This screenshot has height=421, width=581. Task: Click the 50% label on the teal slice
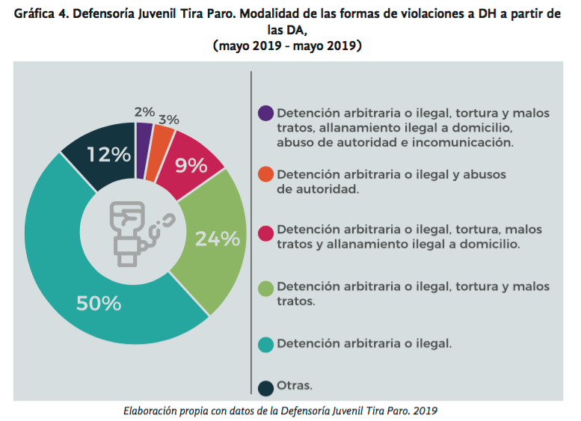click(x=99, y=303)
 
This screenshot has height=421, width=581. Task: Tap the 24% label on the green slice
click(x=217, y=239)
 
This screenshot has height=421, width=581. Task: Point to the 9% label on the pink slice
click(x=192, y=165)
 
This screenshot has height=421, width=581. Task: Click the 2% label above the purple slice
click(x=144, y=112)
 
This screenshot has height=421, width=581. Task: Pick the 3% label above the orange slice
click(x=168, y=119)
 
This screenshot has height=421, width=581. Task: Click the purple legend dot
click(x=265, y=114)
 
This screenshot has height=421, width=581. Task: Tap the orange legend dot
click(x=265, y=174)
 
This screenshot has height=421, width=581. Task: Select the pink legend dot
click(x=265, y=230)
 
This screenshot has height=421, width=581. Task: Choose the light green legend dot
click(x=265, y=287)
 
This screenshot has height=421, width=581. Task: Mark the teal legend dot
click(x=265, y=344)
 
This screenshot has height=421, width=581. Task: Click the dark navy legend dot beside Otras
click(x=265, y=387)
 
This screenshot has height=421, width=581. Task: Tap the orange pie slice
click(x=160, y=144)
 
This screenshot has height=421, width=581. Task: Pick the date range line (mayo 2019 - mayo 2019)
click(x=288, y=46)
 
